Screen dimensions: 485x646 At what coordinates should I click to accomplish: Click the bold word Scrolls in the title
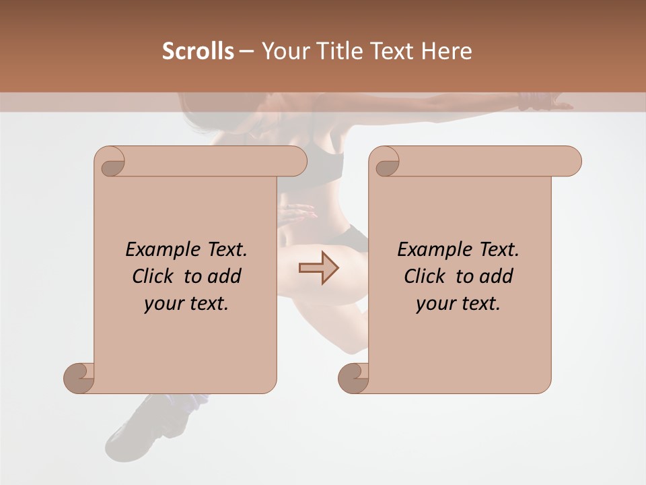coord(199,51)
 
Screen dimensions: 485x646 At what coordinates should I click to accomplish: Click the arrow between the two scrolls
coord(318,267)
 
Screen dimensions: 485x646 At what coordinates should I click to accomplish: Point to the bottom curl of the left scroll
coord(79,379)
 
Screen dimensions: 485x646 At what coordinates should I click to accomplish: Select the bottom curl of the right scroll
coord(354,379)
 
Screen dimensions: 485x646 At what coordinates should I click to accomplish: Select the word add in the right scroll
coord(497,276)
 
